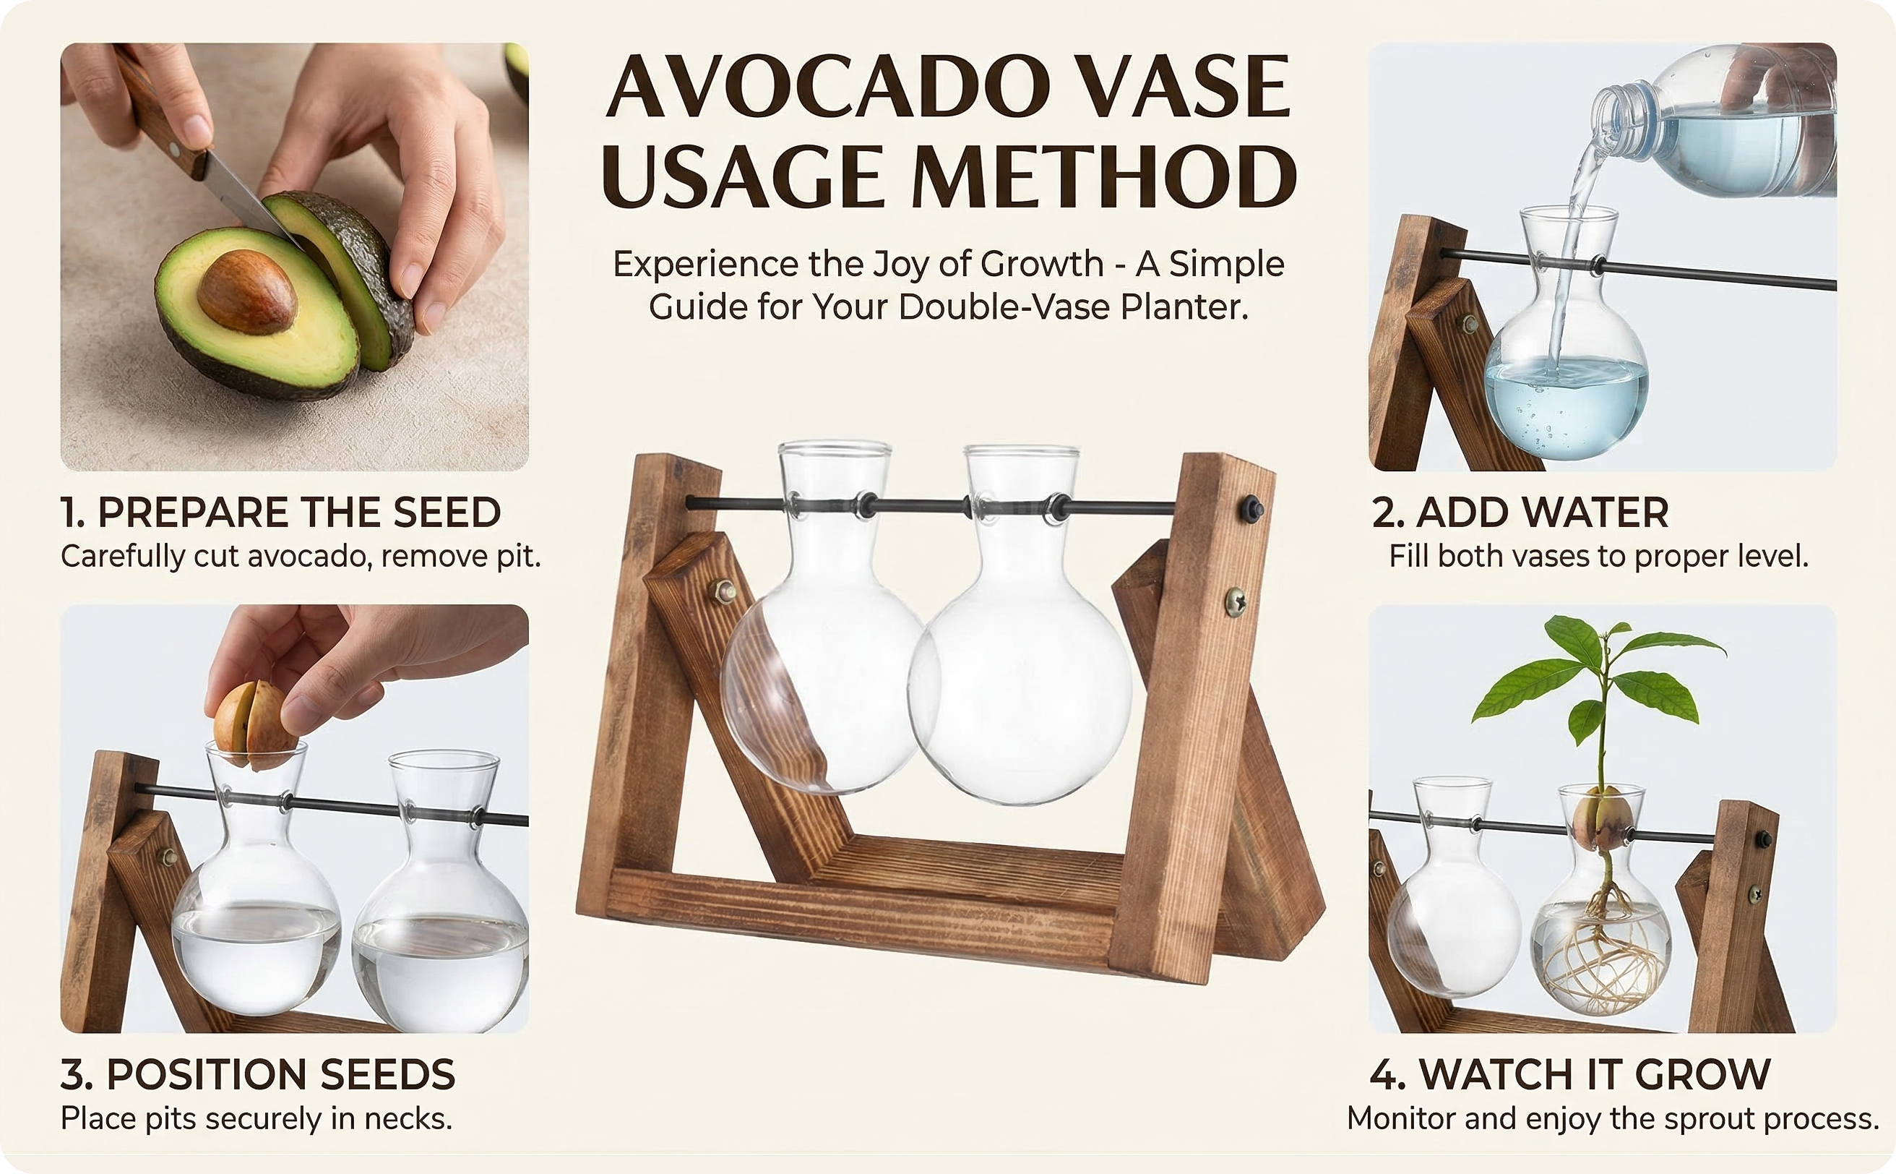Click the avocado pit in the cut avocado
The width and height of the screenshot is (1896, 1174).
tap(247, 292)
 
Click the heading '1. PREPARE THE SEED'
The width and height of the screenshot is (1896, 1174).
tap(281, 513)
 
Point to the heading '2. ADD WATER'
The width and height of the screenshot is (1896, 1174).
tap(1520, 513)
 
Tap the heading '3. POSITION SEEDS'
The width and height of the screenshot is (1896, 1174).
tap(258, 1075)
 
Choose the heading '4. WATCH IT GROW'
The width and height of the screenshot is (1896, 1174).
tap(1570, 1075)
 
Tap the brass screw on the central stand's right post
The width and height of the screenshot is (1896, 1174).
tap(1235, 601)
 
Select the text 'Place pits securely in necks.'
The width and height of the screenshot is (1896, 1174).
tap(256, 1119)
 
